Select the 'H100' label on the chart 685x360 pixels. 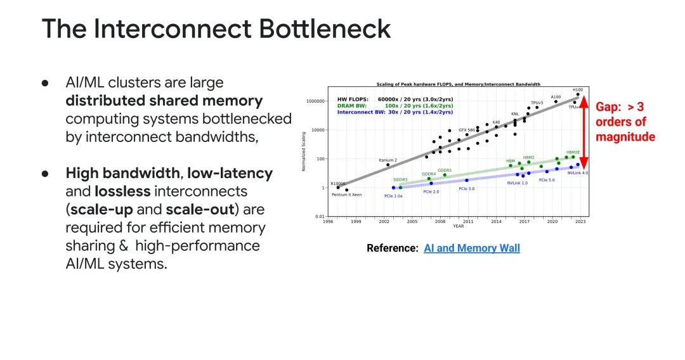(x=577, y=90)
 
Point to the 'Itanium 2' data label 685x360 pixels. (x=388, y=160)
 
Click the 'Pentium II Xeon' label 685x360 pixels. (x=346, y=195)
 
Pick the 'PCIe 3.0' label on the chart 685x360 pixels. (x=466, y=188)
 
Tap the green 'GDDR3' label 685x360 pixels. (x=400, y=179)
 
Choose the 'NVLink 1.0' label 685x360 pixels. (x=517, y=183)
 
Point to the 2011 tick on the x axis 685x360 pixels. (x=468, y=221)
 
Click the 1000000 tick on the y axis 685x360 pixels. (x=315, y=101)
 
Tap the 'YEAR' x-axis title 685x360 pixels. (x=458, y=226)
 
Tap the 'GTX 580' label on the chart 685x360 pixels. (x=468, y=130)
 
